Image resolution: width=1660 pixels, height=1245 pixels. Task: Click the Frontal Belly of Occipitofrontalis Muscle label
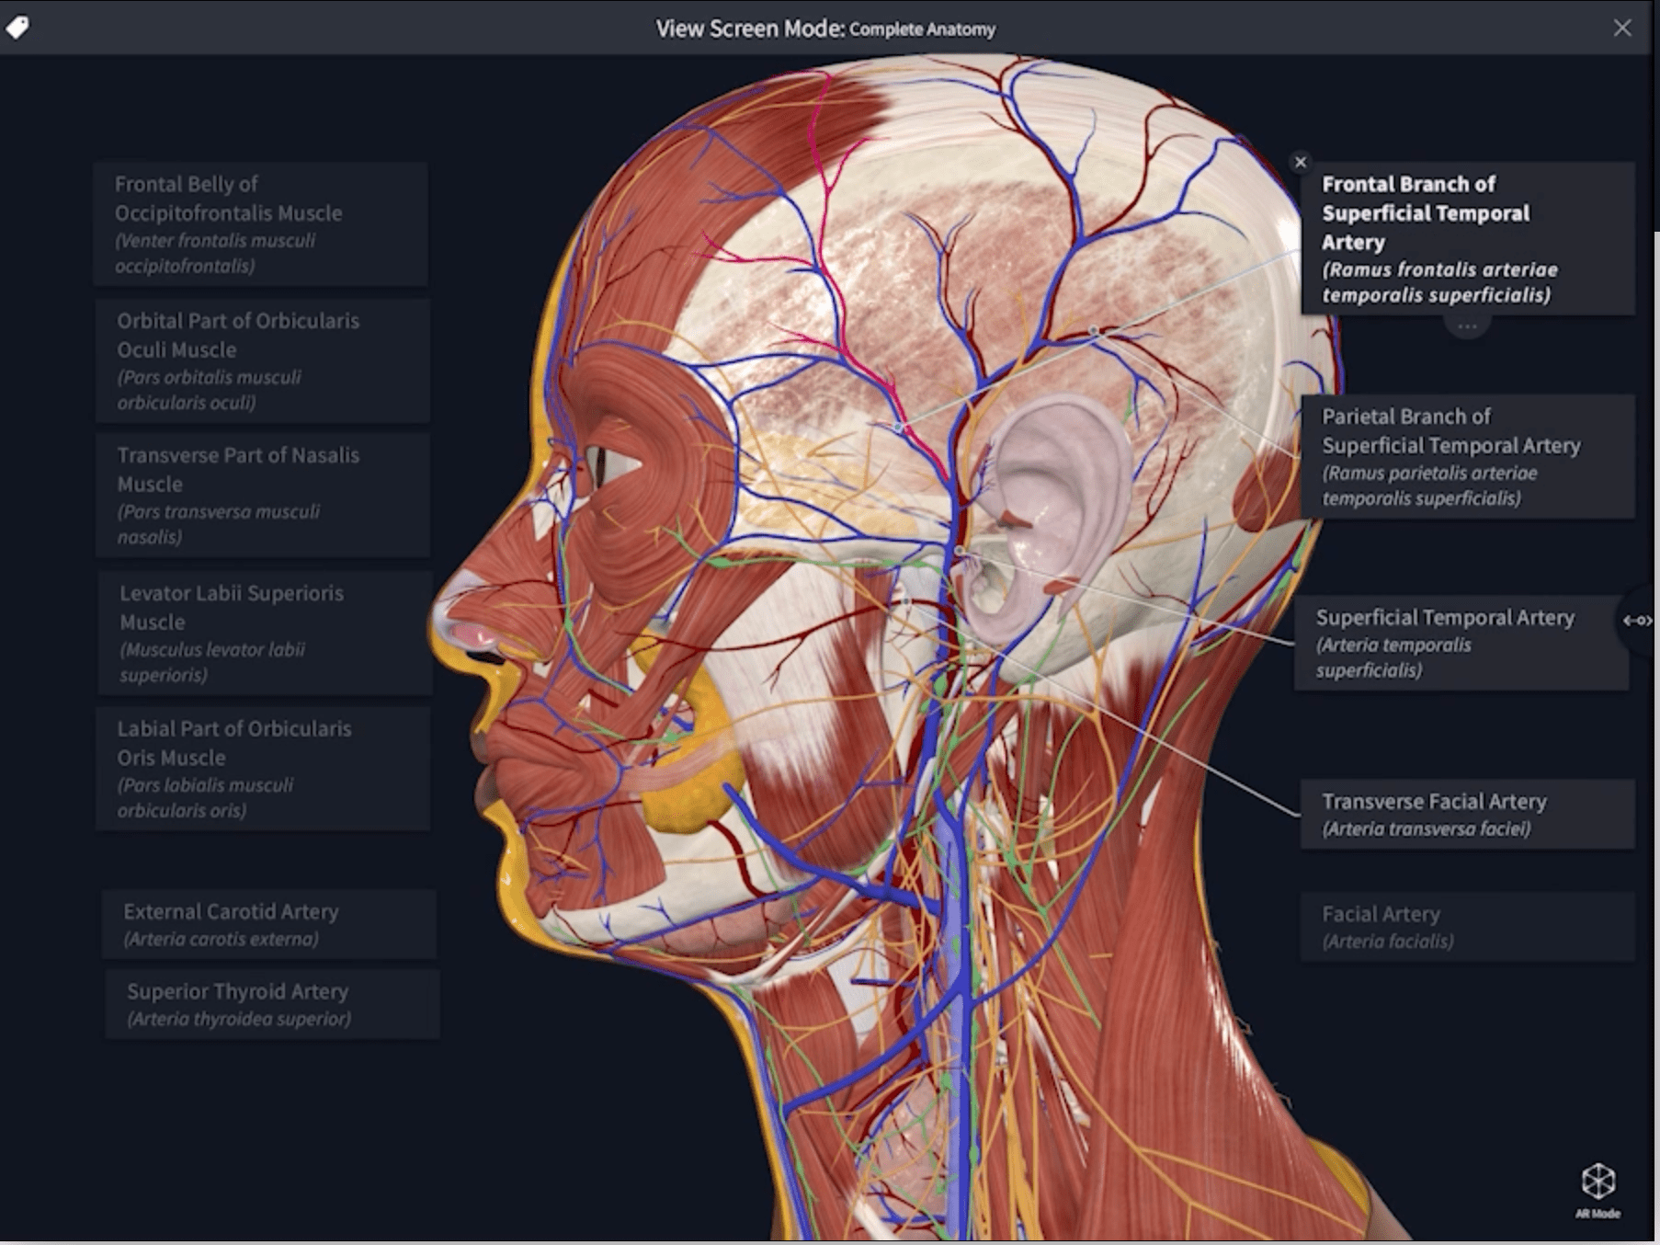coord(261,224)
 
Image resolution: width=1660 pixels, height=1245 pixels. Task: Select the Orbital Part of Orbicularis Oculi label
coord(263,360)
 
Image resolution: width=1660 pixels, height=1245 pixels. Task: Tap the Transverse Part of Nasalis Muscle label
coord(263,496)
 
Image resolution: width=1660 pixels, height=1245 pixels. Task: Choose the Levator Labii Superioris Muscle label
coord(266,634)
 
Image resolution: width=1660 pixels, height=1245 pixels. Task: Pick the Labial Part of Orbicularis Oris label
coord(263,769)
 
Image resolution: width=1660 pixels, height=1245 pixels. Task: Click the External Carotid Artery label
coord(269,924)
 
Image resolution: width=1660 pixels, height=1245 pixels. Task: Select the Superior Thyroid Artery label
coord(272,1004)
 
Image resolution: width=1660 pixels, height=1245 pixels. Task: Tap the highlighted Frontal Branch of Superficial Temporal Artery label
coord(1468,238)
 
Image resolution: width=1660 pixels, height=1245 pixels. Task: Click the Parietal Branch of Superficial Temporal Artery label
coord(1468,456)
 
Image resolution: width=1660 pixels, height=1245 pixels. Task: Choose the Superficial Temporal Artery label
coord(1461,643)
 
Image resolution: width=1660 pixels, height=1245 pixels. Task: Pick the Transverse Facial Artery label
coord(1468,815)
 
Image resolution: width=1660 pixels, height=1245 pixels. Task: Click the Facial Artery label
coord(1468,927)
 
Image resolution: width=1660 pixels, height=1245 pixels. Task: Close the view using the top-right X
coord(1622,29)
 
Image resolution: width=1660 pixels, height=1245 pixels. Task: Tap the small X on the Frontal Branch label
coord(1300,163)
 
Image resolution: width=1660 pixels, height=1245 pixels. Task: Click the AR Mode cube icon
coord(1597,1182)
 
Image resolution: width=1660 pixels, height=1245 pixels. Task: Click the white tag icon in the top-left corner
coord(17,28)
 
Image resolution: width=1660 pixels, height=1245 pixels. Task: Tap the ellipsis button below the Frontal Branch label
coord(1467,326)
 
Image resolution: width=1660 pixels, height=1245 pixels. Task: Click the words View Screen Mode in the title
coord(749,29)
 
